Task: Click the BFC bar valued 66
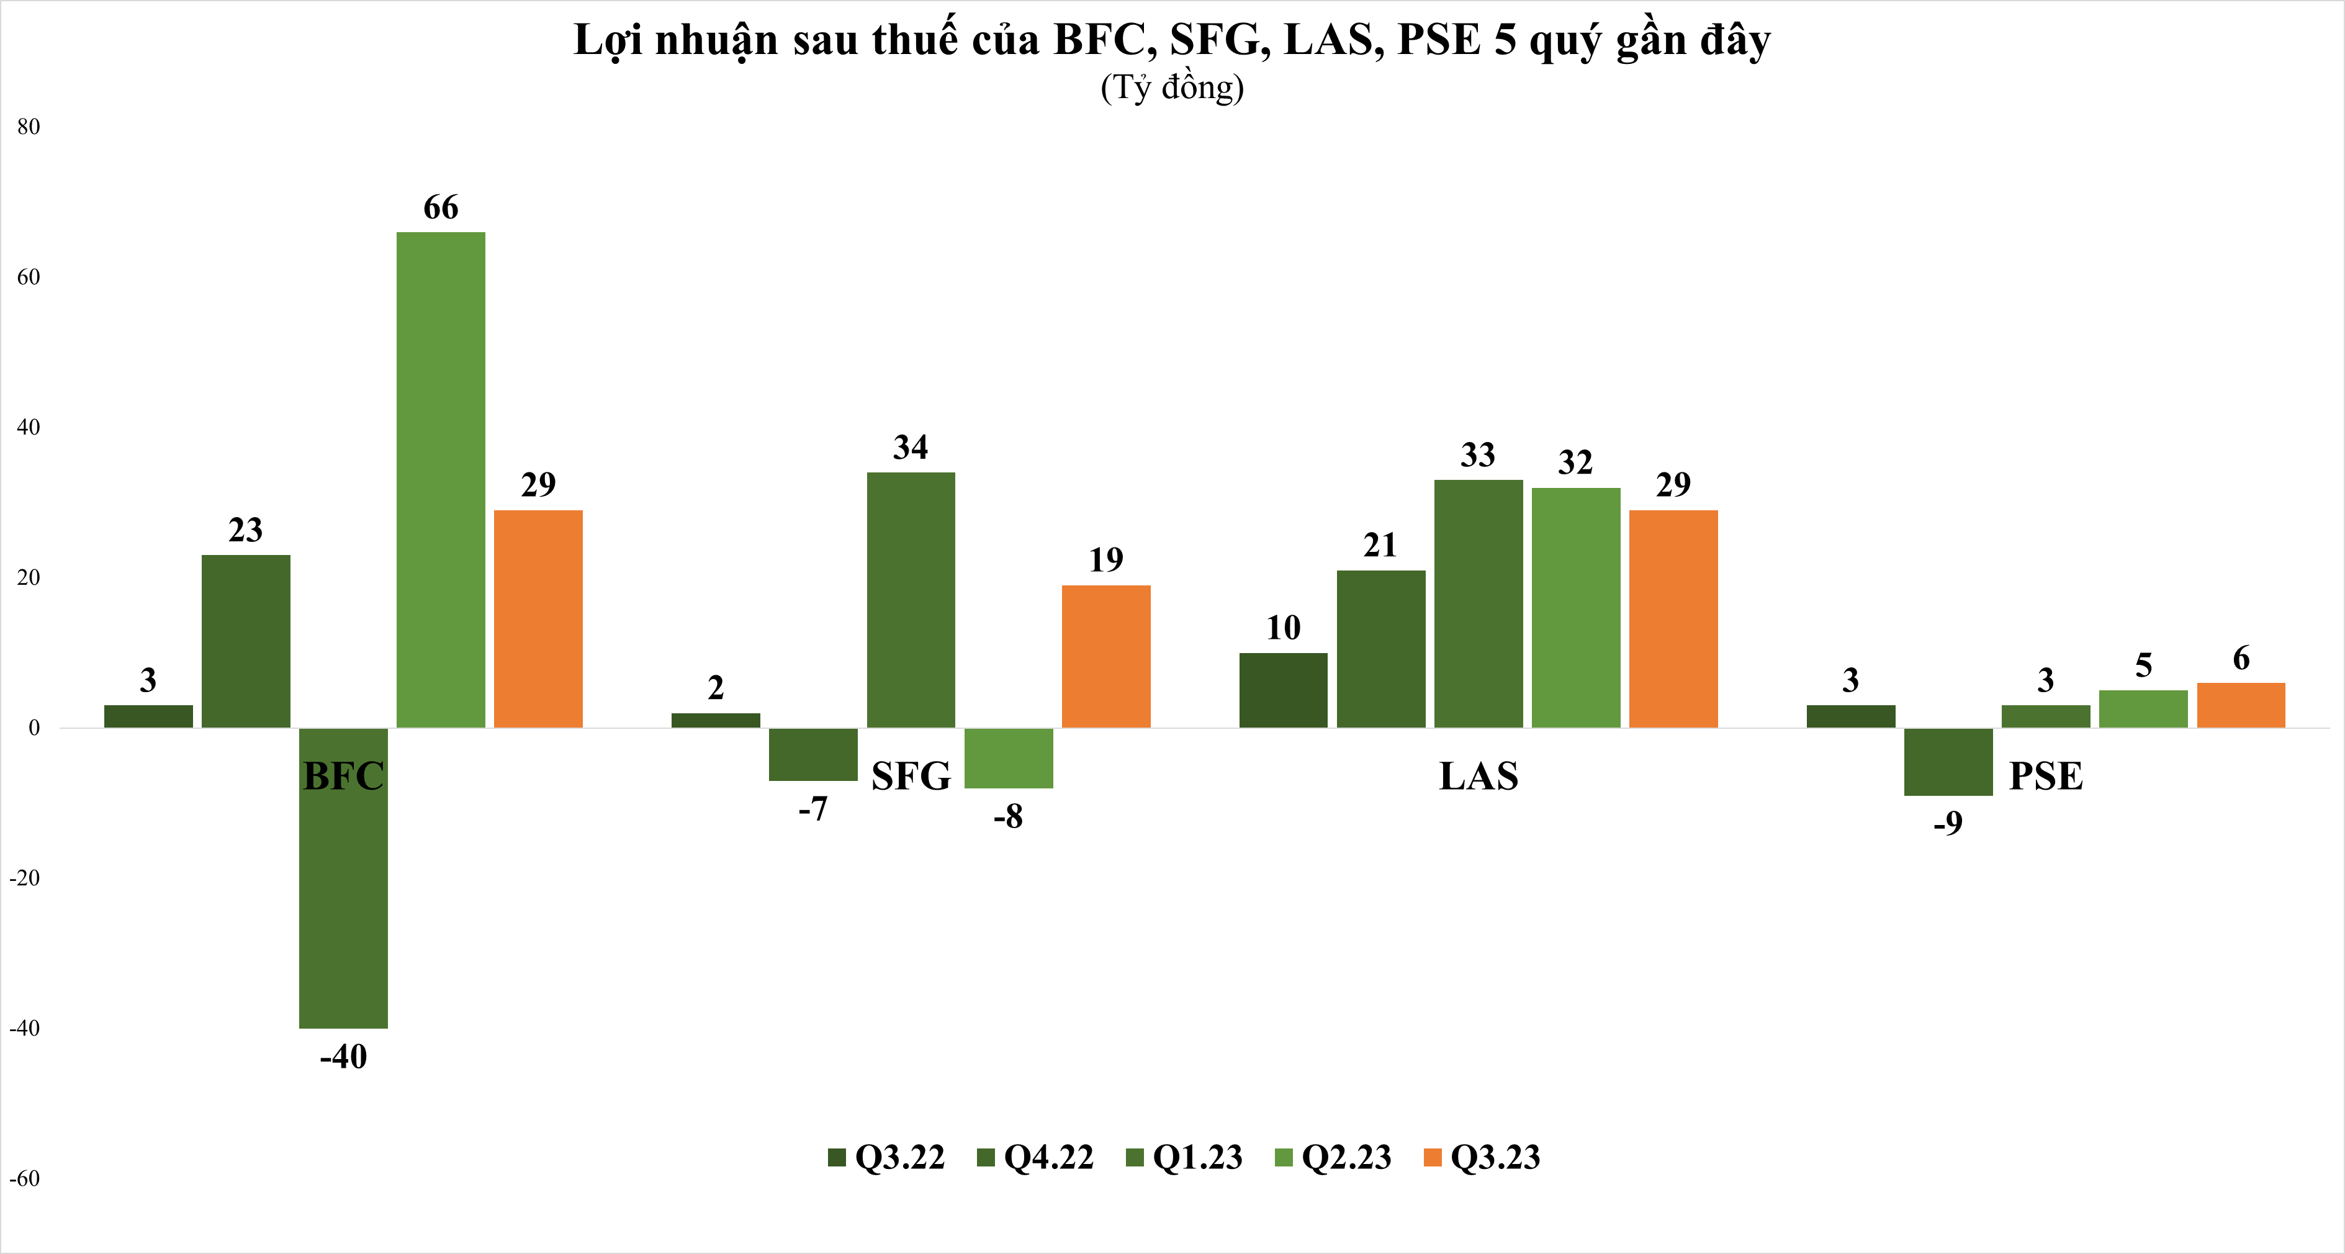point(441,480)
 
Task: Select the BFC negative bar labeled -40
point(343,878)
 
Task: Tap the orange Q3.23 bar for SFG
point(1106,657)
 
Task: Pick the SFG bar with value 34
point(911,600)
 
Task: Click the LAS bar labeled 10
point(1284,690)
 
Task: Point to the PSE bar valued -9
point(1948,761)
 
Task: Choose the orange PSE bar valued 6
point(2241,705)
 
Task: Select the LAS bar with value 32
point(1576,607)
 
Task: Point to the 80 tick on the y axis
point(28,127)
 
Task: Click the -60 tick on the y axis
point(25,1178)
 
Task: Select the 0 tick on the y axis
point(35,728)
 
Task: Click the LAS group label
point(1479,776)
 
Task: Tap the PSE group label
point(2045,776)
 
